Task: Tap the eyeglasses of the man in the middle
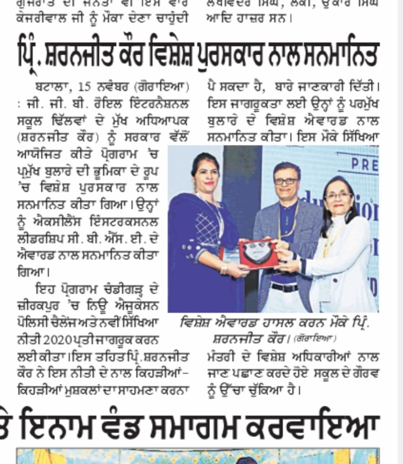click(x=286, y=181)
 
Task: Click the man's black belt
click(x=284, y=287)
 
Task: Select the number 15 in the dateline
click(x=85, y=88)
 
